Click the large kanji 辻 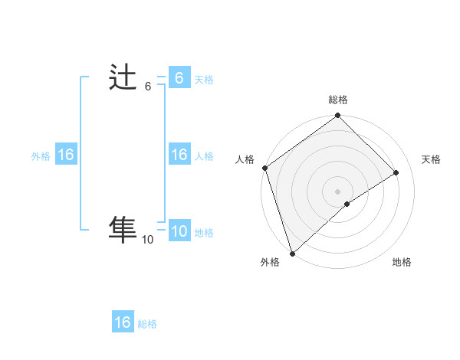click(123, 79)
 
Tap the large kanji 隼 click(123, 229)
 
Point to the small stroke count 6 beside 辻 click(148, 87)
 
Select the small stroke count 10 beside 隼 click(147, 240)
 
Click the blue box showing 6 click(179, 78)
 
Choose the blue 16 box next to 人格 click(179, 155)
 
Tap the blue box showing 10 click(179, 231)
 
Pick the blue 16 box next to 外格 click(66, 155)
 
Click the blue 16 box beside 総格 click(123, 322)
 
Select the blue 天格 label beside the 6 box click(204, 80)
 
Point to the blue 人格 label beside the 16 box click(204, 156)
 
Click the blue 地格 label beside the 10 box click(204, 233)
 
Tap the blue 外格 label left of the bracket click(41, 156)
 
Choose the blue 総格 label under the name click(147, 324)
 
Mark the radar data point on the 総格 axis click(337, 116)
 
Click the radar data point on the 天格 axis click(396, 173)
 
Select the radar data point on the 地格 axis click(347, 204)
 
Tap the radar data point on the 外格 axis click(291, 253)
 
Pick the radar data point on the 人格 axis click(264, 168)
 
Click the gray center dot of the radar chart click(337, 191)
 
